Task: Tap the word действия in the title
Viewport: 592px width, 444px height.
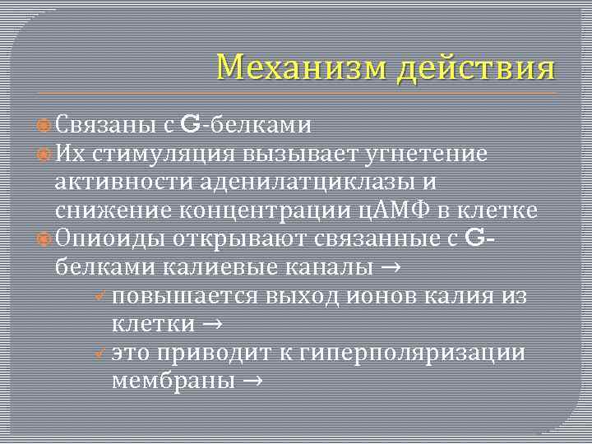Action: pyautogui.click(x=475, y=67)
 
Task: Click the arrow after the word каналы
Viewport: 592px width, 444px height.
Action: pyautogui.click(x=391, y=267)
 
